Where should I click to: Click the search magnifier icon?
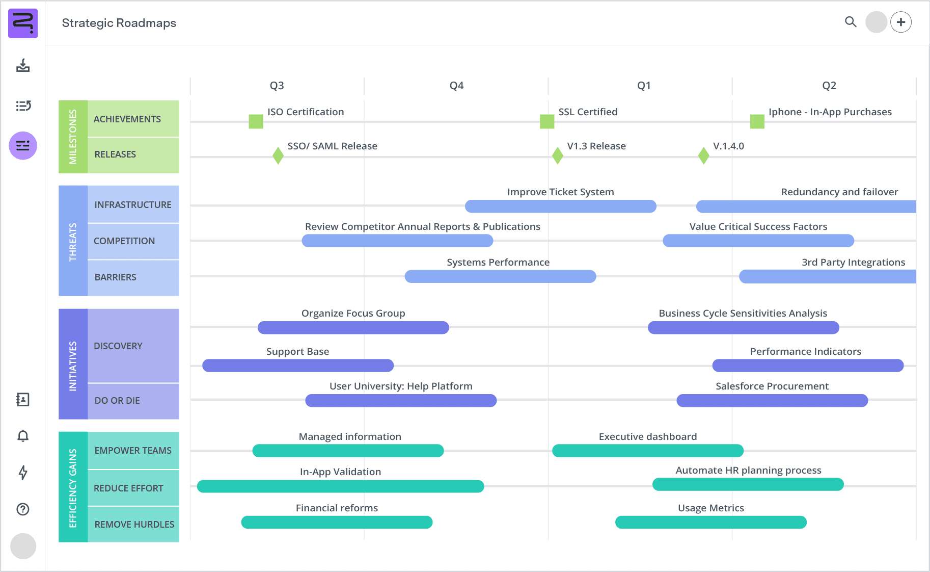851,22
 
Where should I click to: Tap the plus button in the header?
901,22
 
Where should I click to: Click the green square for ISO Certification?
256,121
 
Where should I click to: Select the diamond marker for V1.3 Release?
558,155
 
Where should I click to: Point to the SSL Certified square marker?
547,121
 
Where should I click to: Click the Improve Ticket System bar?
560,206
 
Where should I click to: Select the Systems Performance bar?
500,276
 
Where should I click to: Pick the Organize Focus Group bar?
353,327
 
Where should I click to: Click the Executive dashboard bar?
647,451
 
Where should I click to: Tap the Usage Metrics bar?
710,522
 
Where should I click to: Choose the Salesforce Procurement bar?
772,401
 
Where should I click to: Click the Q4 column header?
456,86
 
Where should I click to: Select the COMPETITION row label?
125,241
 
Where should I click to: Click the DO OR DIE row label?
118,401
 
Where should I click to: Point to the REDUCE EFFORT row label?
129,488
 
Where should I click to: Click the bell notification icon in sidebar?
23,436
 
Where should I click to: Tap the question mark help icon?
23,509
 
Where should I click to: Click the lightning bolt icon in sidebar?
23,473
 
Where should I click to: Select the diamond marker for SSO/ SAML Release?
278,155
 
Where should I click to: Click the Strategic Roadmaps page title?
119,23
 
